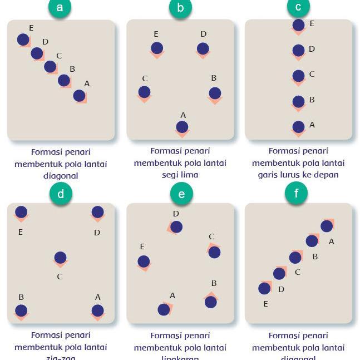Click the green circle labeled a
coord(60,7)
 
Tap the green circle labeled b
coord(180,7)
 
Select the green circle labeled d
coord(61,194)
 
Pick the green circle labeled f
coord(296,193)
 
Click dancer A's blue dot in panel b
coord(183,127)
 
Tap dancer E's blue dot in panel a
coord(23,39)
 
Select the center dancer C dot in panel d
coord(60,258)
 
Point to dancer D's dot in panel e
coord(176,226)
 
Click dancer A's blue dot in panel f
coord(327,226)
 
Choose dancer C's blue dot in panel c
coord(298,76)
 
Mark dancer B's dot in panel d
coord(21,310)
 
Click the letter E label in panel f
coord(265,304)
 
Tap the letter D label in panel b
coord(203,34)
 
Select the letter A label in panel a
coord(86,83)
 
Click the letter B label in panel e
coord(214,284)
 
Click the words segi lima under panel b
coord(180,175)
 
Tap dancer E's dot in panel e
coord(144,261)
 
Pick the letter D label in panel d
coord(97,233)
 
